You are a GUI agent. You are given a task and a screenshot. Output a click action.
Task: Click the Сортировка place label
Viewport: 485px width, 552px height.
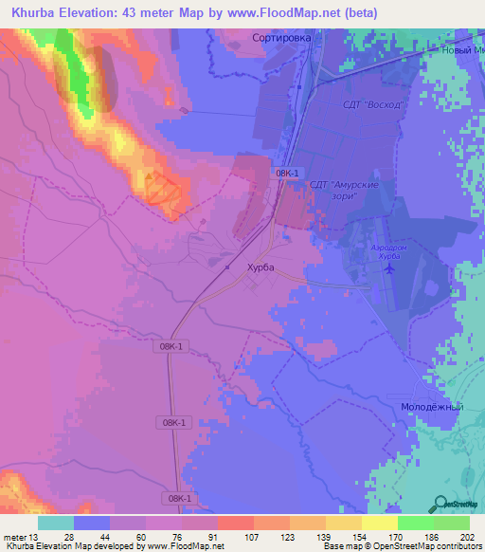[282, 38]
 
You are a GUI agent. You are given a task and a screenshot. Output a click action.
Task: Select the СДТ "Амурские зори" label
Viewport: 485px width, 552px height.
[344, 190]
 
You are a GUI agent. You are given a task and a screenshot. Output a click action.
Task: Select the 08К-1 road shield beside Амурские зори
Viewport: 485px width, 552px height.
[288, 174]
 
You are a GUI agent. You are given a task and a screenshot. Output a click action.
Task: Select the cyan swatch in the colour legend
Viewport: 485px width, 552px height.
[56, 523]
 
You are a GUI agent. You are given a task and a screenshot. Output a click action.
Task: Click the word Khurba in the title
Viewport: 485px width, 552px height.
[40, 12]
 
